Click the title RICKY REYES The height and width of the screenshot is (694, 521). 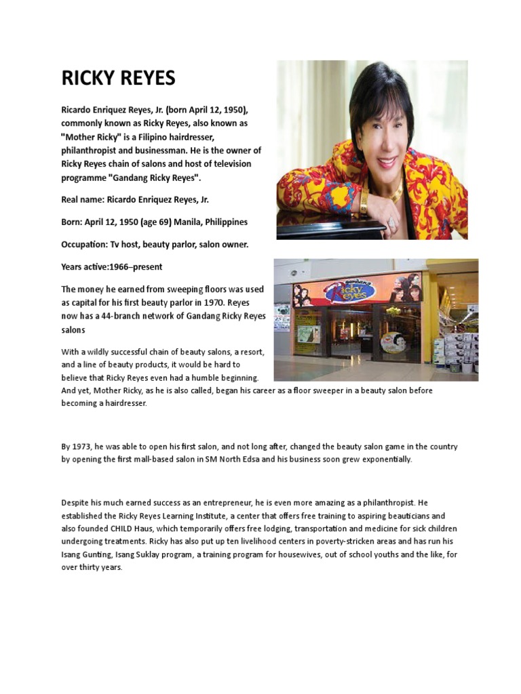pos(118,79)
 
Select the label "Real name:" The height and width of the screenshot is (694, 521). pos(83,200)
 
